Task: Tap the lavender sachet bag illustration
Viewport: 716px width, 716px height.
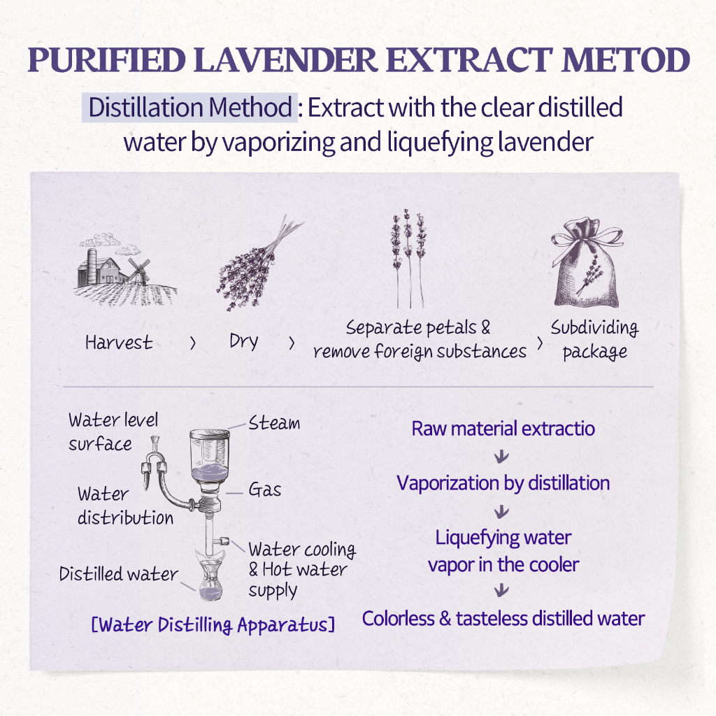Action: pyautogui.click(x=585, y=266)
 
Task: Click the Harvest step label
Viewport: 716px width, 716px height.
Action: pyautogui.click(x=118, y=343)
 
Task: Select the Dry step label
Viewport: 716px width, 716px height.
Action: pyautogui.click(x=243, y=341)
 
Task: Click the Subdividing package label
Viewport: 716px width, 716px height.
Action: pyautogui.click(x=594, y=339)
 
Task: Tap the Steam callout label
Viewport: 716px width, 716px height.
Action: pyautogui.click(x=274, y=423)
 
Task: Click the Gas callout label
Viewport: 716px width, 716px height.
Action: pyautogui.click(x=265, y=489)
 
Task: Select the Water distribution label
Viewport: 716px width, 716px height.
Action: pyautogui.click(x=124, y=506)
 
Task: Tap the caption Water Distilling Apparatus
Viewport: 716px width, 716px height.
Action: pyautogui.click(x=213, y=624)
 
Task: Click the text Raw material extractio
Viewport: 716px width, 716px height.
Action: pyautogui.click(x=503, y=428)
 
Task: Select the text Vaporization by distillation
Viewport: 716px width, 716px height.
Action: pyautogui.click(x=503, y=482)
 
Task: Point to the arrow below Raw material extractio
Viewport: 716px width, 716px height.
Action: pyautogui.click(x=501, y=457)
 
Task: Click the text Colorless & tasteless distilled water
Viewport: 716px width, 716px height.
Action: pyautogui.click(x=503, y=618)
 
